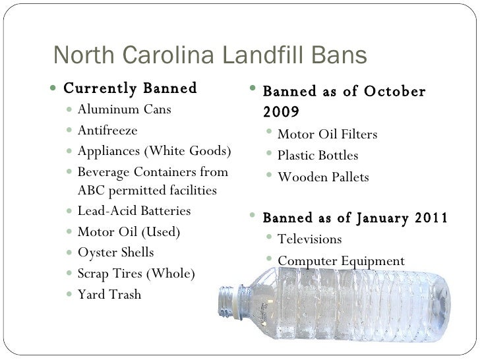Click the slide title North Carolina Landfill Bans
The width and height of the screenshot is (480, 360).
click(x=210, y=55)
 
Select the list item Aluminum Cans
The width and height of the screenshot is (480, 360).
click(x=124, y=109)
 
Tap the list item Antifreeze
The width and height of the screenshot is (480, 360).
click(x=107, y=130)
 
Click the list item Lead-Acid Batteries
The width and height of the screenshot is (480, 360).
click(x=134, y=212)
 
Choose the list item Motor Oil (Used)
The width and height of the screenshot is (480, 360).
click(x=128, y=232)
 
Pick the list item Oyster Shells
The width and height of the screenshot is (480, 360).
click(x=115, y=253)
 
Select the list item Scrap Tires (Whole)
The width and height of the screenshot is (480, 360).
click(x=136, y=274)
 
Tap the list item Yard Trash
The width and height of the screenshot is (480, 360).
click(x=109, y=295)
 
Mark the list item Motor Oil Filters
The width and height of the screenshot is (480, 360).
click(x=328, y=135)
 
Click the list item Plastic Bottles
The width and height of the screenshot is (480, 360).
click(x=318, y=156)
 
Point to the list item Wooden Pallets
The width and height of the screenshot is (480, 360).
click(x=323, y=177)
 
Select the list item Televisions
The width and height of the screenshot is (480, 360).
click(x=310, y=239)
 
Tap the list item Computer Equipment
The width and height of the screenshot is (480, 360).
click(x=341, y=260)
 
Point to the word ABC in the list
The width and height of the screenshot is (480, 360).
click(x=90, y=191)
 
